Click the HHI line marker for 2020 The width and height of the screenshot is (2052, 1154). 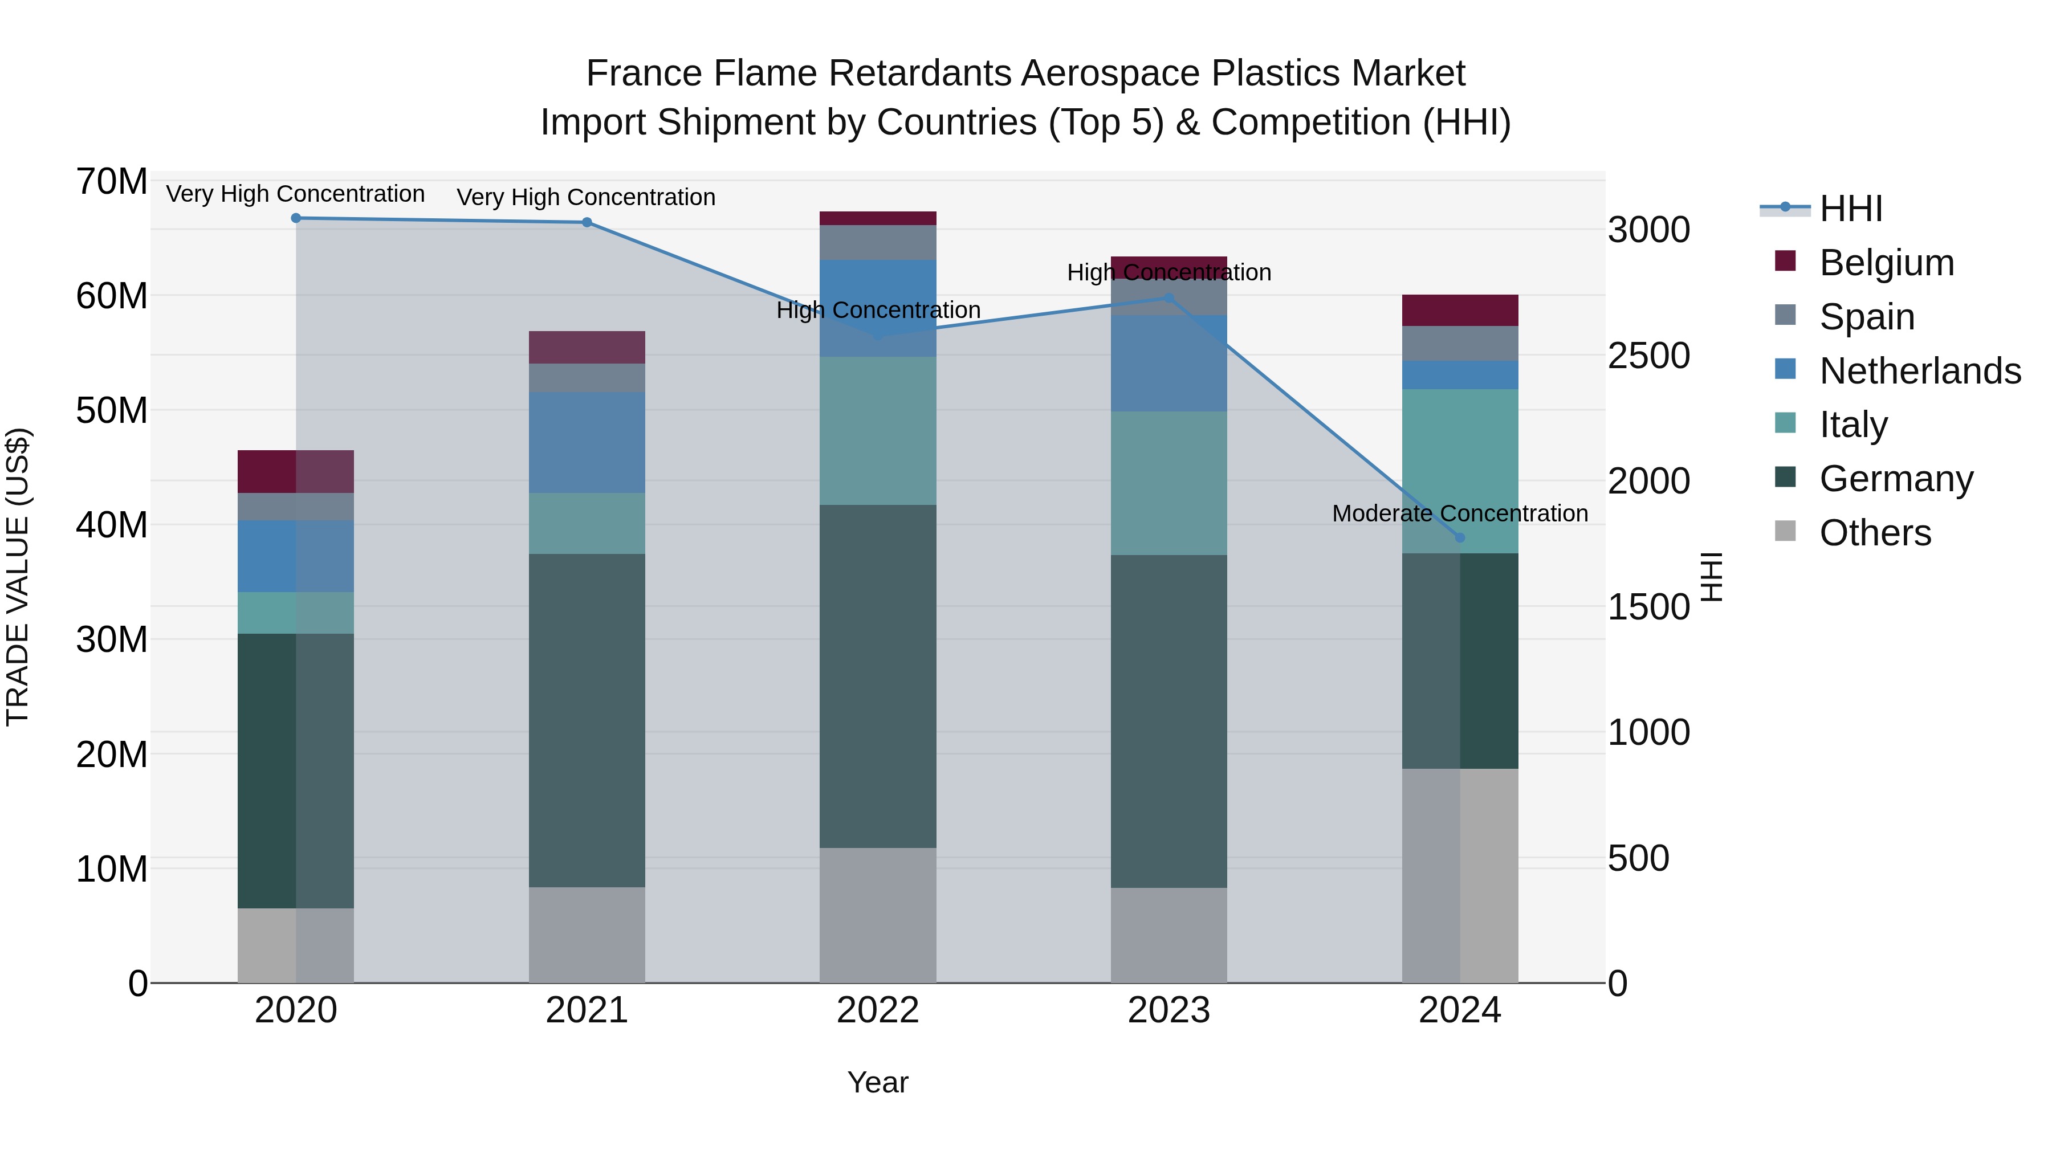[295, 218]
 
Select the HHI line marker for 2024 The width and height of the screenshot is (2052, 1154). [1459, 537]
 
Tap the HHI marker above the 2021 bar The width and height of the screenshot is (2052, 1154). [587, 222]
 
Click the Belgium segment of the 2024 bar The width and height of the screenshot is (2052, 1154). [1459, 310]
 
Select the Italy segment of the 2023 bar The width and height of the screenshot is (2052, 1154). [1168, 483]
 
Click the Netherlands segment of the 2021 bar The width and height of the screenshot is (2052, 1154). [587, 442]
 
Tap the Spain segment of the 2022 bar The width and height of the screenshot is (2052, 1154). [878, 242]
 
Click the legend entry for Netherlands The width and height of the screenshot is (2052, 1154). [1920, 371]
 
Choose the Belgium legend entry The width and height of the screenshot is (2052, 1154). [1886, 263]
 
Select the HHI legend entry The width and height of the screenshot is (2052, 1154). [1850, 209]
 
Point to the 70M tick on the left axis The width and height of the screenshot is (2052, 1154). [112, 182]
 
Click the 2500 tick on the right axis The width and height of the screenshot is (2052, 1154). [1648, 356]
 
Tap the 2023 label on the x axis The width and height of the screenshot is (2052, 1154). [1168, 1010]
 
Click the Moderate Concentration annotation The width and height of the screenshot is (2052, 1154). [1459, 513]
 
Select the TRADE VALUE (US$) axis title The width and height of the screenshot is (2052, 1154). [18, 577]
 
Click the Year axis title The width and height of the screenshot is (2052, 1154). [878, 1082]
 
